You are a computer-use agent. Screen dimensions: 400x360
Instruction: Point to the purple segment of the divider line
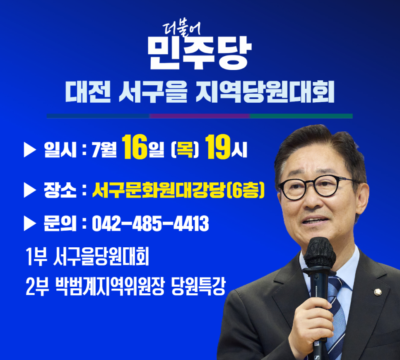pos(200,116)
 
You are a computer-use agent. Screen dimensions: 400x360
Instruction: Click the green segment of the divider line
pos(301,116)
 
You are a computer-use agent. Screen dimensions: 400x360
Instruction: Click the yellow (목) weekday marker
pos(184,150)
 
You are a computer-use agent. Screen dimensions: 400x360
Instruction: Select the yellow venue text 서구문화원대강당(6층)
pos(178,190)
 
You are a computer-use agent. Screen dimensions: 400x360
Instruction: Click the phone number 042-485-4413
pos(150,224)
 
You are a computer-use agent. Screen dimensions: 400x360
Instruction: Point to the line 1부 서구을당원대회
pos(87,256)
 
